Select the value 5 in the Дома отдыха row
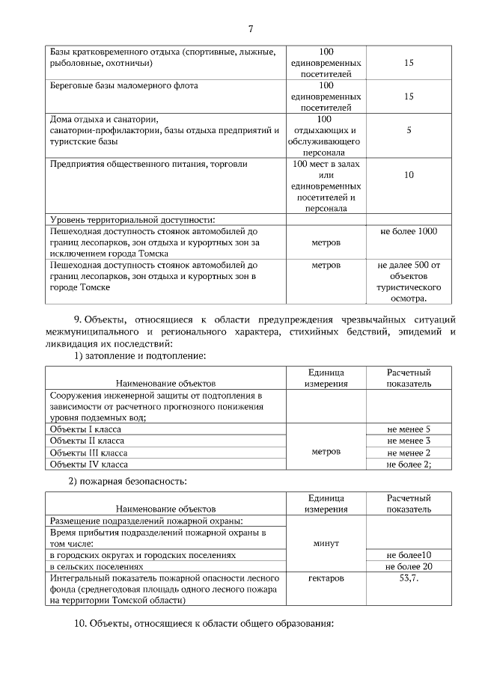click(x=409, y=130)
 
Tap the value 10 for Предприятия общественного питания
click(x=409, y=175)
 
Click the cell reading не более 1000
click(x=409, y=231)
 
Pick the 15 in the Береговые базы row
click(x=409, y=97)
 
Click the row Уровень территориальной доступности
click(x=132, y=219)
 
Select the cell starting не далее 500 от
click(x=409, y=265)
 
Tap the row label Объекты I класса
click(x=85, y=429)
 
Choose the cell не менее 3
click(x=409, y=441)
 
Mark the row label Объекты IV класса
click(x=87, y=464)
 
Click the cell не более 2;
click(x=409, y=464)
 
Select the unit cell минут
click(x=325, y=543)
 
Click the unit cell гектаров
click(x=326, y=578)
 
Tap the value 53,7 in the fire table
click(x=409, y=578)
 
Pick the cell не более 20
click(x=409, y=566)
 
